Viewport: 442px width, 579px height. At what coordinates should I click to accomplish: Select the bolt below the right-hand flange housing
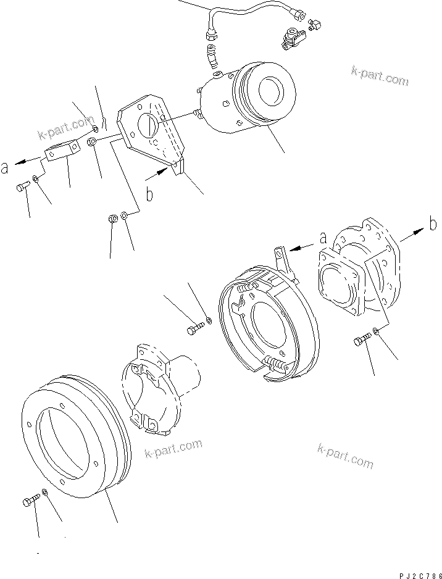(x=362, y=339)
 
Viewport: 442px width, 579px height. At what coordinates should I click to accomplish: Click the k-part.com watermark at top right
(x=380, y=77)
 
